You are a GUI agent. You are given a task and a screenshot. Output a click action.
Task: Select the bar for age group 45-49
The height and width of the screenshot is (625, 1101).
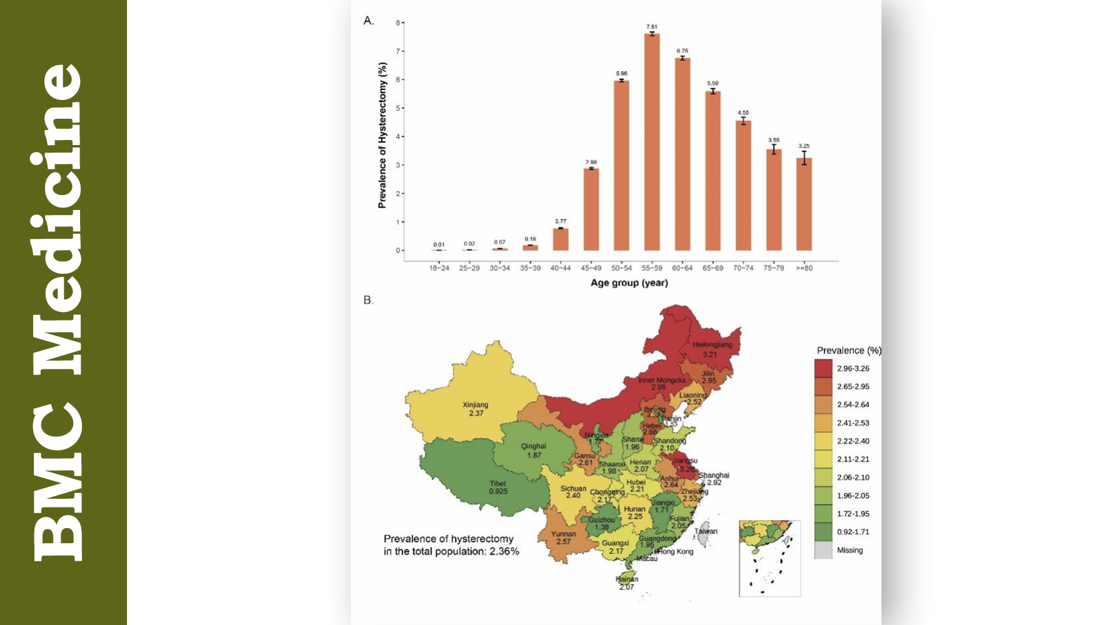[x=591, y=209]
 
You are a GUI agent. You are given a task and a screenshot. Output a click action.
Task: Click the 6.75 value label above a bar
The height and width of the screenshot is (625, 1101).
[x=682, y=51]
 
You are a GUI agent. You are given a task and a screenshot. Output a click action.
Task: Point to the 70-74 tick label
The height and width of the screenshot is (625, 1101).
[x=743, y=268]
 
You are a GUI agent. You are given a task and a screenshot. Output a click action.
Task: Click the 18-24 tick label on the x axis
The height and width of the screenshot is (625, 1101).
[x=439, y=268]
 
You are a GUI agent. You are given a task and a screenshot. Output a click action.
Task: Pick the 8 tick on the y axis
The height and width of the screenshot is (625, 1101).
[x=397, y=22]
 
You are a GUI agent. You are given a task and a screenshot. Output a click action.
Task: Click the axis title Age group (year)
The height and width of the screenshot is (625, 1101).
[x=629, y=283]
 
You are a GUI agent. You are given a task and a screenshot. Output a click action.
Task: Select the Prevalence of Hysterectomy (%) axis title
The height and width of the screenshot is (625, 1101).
[x=382, y=135]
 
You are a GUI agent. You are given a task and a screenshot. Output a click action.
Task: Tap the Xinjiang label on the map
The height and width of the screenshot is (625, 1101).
[x=475, y=405]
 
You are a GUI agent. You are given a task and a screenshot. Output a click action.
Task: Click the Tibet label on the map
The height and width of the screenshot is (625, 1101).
[x=498, y=484]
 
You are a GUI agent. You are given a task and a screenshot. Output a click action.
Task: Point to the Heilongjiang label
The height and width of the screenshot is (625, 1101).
[x=712, y=345]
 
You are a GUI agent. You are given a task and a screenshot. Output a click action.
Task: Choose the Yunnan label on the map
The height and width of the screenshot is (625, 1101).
[x=563, y=534]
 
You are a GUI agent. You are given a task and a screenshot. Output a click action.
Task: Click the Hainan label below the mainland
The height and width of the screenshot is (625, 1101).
[x=627, y=579]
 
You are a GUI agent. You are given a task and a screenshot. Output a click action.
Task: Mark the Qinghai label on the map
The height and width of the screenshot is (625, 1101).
[x=534, y=446]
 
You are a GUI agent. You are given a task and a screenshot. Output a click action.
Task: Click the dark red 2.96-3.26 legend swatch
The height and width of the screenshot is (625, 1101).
[x=823, y=368]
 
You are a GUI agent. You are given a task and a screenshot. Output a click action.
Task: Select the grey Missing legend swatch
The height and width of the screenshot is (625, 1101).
[x=823, y=550]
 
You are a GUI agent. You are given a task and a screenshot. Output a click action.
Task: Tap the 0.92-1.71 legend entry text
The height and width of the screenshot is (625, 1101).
[x=853, y=532]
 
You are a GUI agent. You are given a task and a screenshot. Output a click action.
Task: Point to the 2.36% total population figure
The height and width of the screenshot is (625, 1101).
[x=504, y=551]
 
